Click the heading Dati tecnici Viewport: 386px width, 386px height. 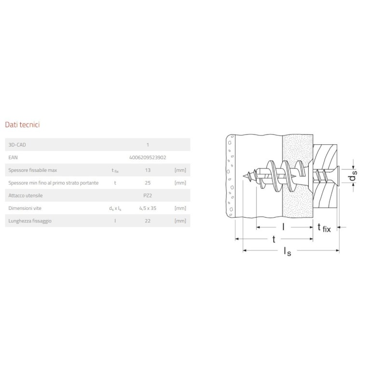point(22,124)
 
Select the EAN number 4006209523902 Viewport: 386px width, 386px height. point(148,158)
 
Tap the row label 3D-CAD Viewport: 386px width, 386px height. point(17,145)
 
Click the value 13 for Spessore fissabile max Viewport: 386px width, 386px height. point(148,170)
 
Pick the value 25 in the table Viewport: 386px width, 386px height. point(148,183)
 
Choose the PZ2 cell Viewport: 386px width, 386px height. point(148,195)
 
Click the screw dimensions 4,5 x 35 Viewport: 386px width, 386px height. point(148,208)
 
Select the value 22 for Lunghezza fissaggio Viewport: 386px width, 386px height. point(148,221)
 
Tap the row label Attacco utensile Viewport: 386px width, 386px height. point(26,195)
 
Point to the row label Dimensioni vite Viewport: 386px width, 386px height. point(25,208)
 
